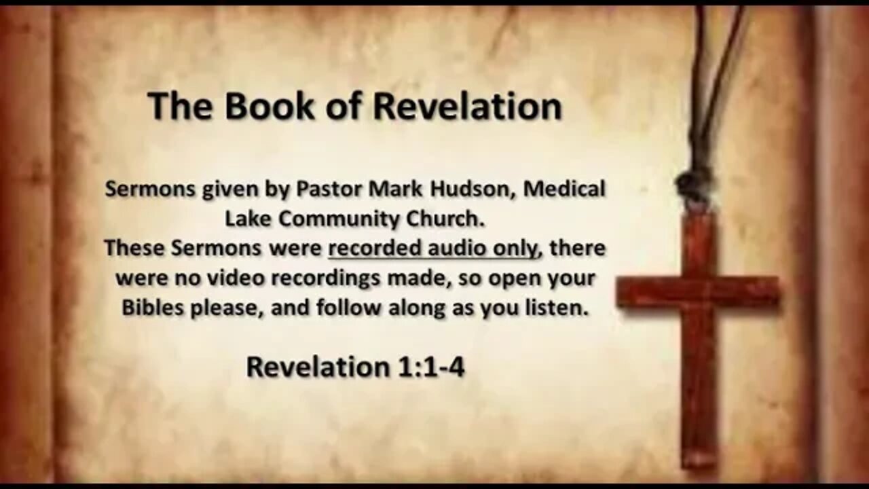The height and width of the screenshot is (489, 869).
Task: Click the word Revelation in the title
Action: pyautogui.click(x=468, y=107)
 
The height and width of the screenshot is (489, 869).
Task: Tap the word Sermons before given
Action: pyautogui.click(x=149, y=189)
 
